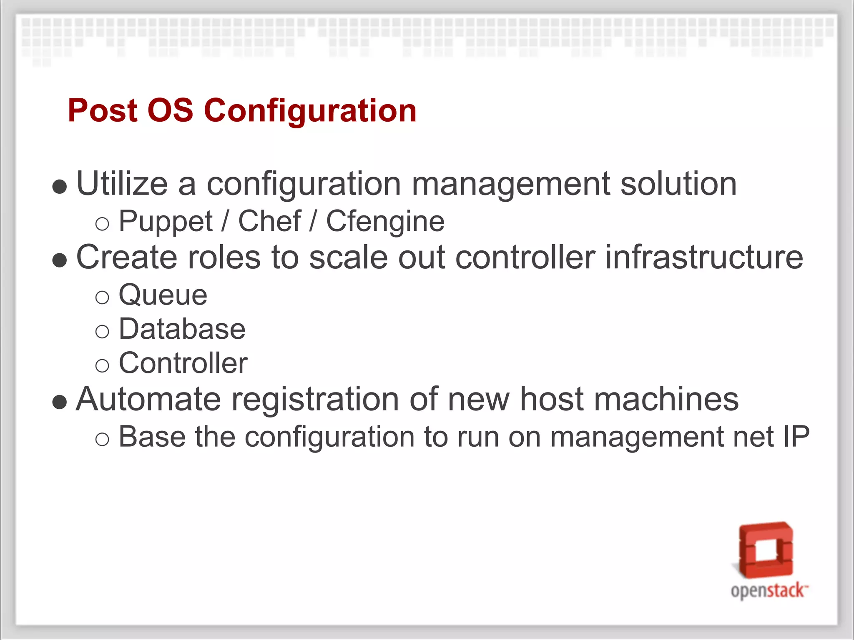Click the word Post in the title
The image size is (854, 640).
pyautogui.click(x=103, y=110)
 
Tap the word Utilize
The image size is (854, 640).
pyautogui.click(x=122, y=184)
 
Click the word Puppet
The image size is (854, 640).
pyautogui.click(x=166, y=222)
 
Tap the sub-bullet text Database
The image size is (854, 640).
pyautogui.click(x=182, y=329)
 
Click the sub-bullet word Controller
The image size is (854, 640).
pyautogui.click(x=183, y=363)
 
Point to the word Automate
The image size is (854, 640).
pyautogui.click(x=148, y=399)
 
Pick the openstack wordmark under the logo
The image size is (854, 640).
pyautogui.click(x=768, y=591)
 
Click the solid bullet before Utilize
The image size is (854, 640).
pyautogui.click(x=60, y=187)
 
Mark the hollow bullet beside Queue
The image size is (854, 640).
pyautogui.click(x=102, y=297)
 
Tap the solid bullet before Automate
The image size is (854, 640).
pyautogui.click(x=60, y=402)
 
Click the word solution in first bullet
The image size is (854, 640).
pyautogui.click(x=678, y=184)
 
